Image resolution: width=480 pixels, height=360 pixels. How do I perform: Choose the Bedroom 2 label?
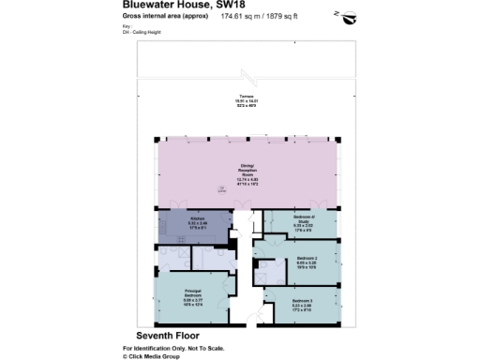tap(307, 258)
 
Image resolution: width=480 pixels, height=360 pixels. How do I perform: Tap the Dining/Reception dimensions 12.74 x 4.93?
tap(247, 179)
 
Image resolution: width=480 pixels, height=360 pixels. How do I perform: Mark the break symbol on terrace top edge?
tap(247, 74)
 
